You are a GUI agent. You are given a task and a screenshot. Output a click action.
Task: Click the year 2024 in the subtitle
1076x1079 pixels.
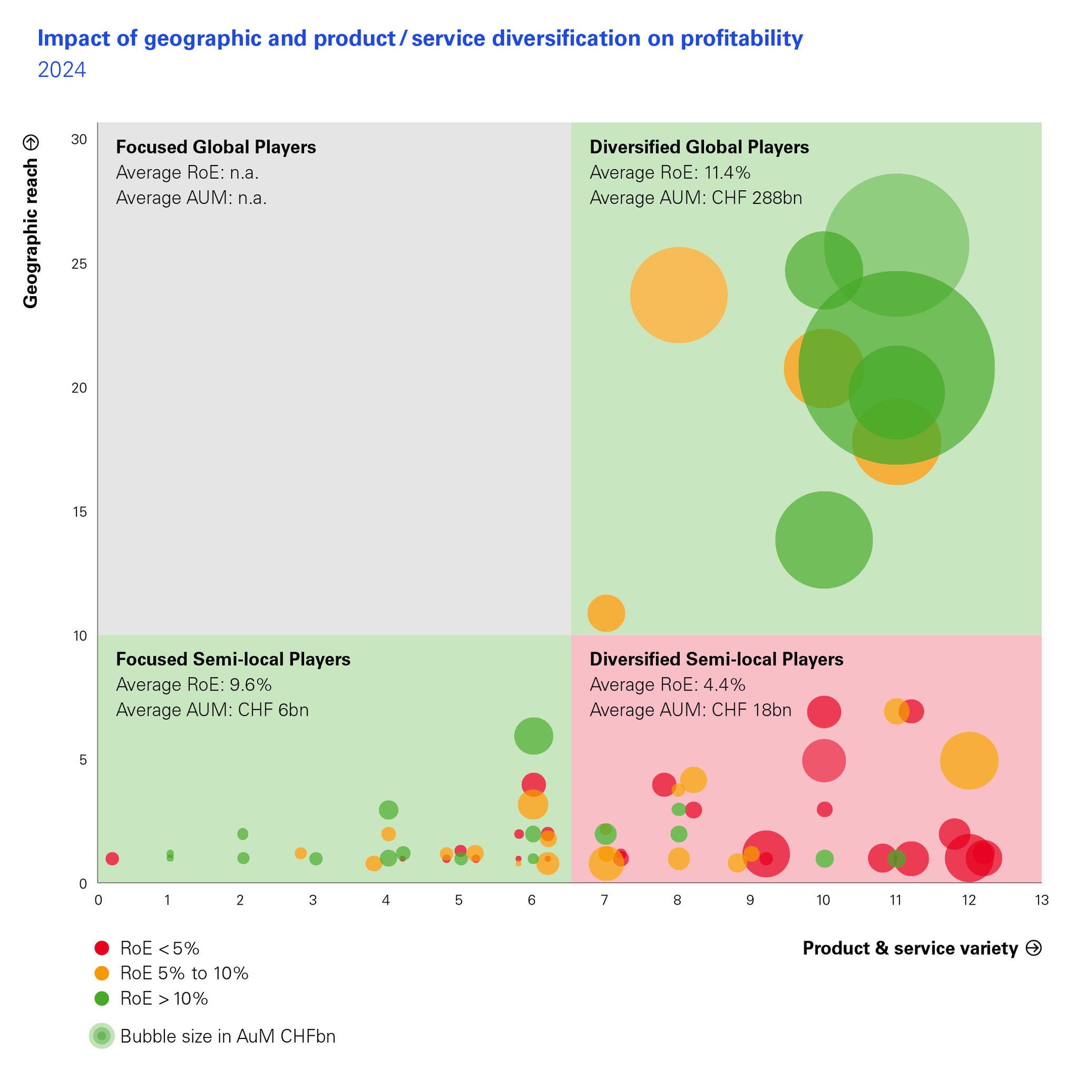[62, 71]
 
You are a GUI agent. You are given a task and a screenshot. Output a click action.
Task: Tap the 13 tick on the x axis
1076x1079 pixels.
[1041, 900]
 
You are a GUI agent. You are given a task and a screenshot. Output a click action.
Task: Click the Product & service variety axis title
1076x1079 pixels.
[910, 948]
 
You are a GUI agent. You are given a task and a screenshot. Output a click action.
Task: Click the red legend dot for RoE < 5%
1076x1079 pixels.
[102, 948]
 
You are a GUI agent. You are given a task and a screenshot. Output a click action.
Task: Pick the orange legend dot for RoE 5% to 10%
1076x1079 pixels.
[102, 974]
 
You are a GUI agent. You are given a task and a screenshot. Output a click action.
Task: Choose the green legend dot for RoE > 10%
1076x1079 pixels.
[102, 998]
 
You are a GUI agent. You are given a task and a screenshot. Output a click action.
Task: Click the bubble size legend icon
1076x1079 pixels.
[102, 1036]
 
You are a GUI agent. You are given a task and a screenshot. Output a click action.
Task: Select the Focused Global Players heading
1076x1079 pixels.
[216, 147]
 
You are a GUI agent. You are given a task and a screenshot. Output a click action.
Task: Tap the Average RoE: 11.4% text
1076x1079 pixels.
[669, 173]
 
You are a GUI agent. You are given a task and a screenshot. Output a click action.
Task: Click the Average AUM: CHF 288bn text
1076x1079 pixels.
[696, 198]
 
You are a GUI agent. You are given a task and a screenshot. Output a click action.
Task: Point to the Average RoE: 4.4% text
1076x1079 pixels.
[667, 685]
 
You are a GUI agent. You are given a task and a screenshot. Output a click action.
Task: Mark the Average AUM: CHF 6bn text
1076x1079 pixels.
[212, 710]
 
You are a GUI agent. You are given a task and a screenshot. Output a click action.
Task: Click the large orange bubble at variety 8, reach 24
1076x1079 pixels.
[678, 295]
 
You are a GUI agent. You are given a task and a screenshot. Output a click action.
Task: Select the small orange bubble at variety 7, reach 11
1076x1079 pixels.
[605, 613]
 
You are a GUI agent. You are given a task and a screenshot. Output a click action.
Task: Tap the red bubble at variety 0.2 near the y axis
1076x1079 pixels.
[112, 858]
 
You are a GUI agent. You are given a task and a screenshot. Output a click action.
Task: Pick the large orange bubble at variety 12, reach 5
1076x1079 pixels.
[969, 761]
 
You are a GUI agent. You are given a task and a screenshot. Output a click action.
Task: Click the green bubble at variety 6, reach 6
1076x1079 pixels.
[533, 736]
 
